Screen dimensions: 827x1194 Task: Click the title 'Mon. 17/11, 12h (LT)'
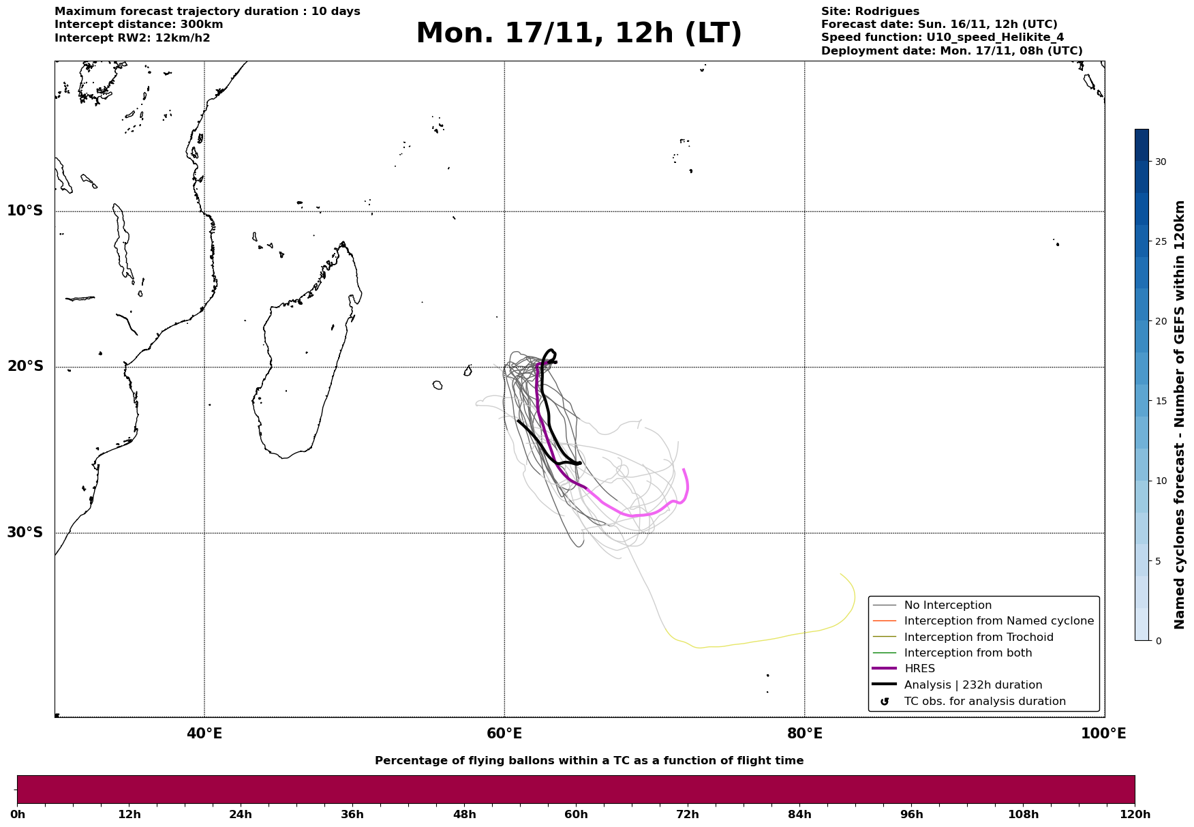[579, 34]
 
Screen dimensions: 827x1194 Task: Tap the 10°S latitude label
[25, 211]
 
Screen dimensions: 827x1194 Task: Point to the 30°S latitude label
[25, 532]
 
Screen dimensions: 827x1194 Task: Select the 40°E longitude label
[204, 734]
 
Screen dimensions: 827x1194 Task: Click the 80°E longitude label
[804, 734]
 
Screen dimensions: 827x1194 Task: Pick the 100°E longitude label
[1103, 734]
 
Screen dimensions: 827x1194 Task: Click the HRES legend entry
[919, 669]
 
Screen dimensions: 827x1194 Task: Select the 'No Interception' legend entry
[947, 605]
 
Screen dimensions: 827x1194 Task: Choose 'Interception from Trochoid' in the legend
[978, 637]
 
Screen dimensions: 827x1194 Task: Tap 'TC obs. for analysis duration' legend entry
[984, 702]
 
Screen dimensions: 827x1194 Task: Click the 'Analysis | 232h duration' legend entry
[973, 685]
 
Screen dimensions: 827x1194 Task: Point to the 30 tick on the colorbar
[1160, 162]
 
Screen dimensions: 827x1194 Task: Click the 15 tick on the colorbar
[1160, 401]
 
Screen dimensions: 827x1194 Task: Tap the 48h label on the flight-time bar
[464, 815]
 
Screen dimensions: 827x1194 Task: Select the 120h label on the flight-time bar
[1135, 815]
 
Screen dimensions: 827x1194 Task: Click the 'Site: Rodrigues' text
[870, 12]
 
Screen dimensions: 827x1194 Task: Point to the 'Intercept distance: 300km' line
[138, 25]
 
